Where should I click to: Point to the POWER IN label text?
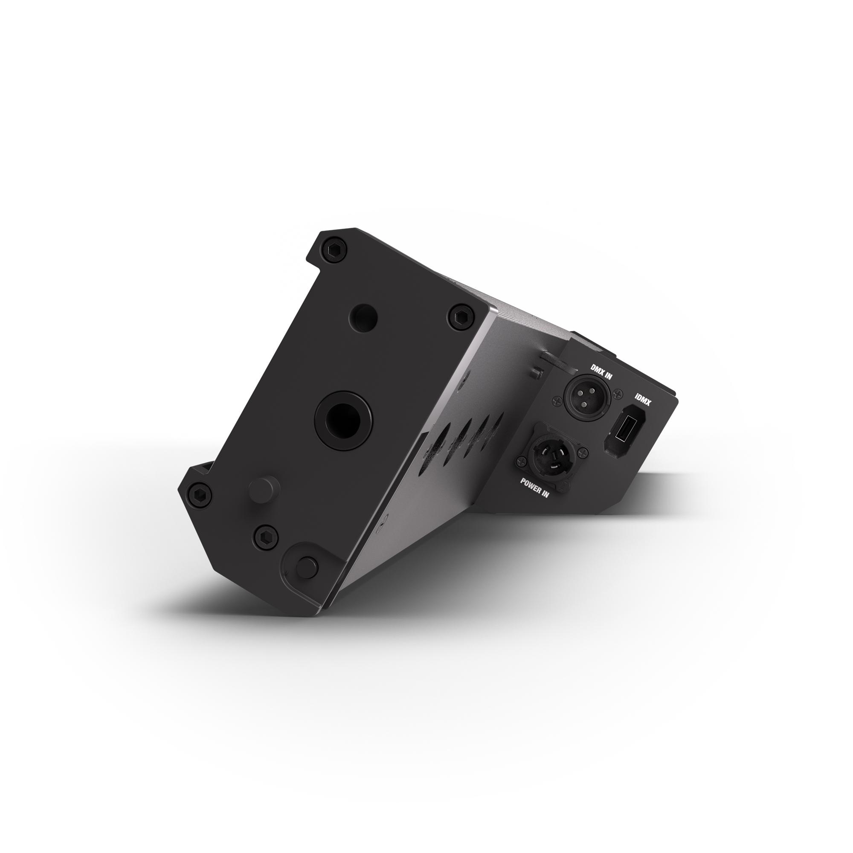coord(535,487)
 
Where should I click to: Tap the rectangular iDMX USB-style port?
coord(623,429)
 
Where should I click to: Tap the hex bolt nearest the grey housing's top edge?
coord(461,315)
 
